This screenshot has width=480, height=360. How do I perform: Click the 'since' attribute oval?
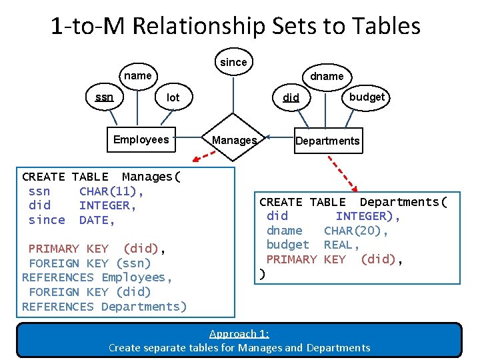click(x=233, y=62)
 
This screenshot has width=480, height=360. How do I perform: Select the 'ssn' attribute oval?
click(x=104, y=97)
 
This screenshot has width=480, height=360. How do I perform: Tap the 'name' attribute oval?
click(x=138, y=75)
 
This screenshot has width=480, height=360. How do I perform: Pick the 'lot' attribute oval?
click(x=173, y=97)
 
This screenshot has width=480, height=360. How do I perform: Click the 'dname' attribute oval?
click(x=327, y=76)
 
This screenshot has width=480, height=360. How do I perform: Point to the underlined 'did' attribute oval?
click(x=291, y=97)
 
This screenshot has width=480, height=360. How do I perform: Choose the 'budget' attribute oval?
click(x=367, y=97)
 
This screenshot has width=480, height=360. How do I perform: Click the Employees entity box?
click(x=141, y=139)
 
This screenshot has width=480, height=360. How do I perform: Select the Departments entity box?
click(x=327, y=141)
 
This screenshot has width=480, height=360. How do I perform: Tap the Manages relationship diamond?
click(x=234, y=140)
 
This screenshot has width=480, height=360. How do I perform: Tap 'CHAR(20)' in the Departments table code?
click(x=355, y=231)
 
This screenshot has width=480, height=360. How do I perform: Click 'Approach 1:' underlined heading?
click(x=239, y=333)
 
